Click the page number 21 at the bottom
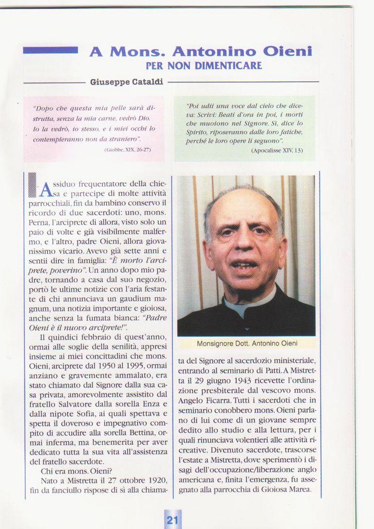172,520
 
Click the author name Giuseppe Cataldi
126,82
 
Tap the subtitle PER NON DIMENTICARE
204,66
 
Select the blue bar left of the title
50,50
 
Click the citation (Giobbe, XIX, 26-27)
127,149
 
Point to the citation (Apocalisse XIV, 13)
277,150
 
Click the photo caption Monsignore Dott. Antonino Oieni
246,343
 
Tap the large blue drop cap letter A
46,190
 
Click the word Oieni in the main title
287,52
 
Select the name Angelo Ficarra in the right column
204,400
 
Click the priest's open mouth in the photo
243,265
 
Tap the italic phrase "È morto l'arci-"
137,260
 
